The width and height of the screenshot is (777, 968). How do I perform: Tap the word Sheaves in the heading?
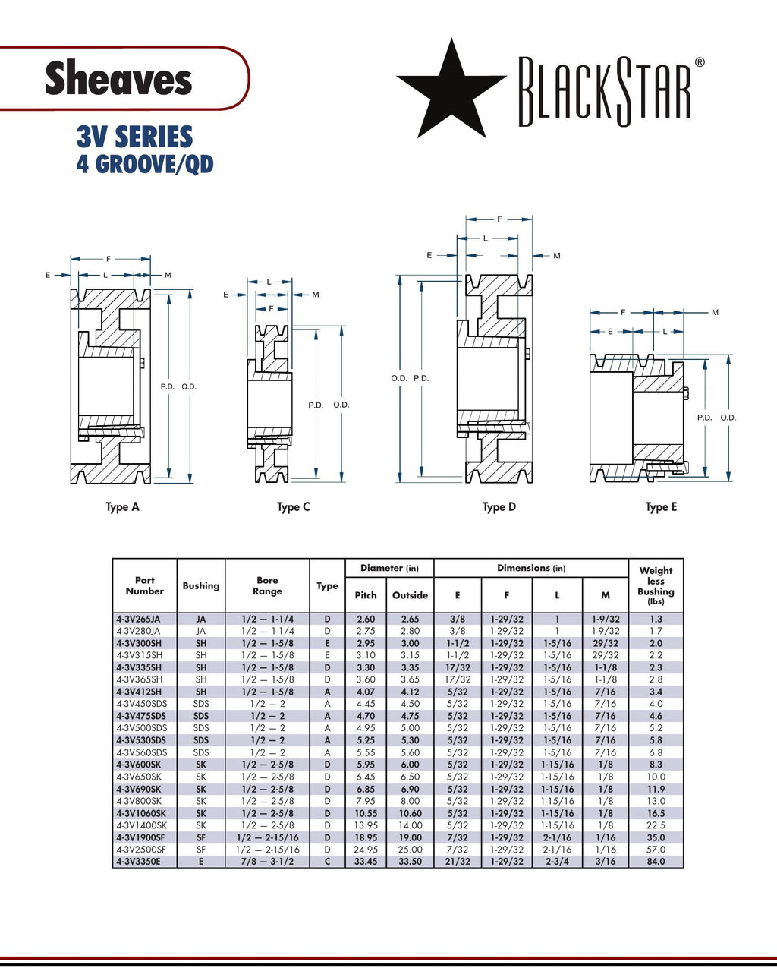tap(118, 78)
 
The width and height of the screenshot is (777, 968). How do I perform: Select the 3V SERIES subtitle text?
tap(134, 137)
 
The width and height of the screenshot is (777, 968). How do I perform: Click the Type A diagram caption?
tap(122, 507)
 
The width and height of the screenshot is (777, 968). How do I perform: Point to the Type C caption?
tap(293, 507)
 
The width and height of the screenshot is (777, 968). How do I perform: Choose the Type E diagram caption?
tap(661, 507)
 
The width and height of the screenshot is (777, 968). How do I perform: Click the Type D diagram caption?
tap(499, 507)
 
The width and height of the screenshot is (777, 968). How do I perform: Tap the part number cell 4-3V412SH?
tap(139, 692)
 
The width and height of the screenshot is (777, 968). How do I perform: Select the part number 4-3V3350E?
tap(138, 862)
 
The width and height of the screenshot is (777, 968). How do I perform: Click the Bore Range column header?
tap(267, 585)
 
